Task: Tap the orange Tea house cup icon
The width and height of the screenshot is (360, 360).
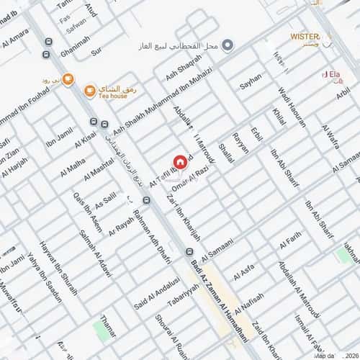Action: (x=89, y=91)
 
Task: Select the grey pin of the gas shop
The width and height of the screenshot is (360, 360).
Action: (x=228, y=45)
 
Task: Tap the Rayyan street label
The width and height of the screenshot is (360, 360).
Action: (x=241, y=143)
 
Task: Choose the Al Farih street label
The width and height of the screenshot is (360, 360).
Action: (x=289, y=238)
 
